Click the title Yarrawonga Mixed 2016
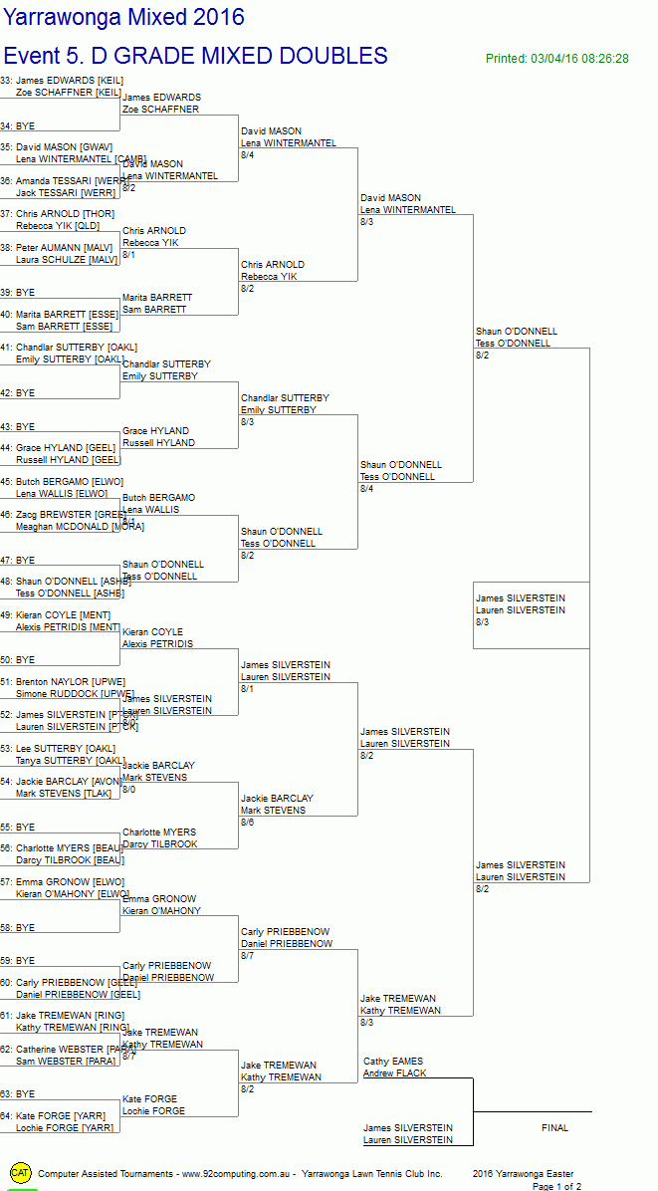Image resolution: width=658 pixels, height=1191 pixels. click(x=123, y=18)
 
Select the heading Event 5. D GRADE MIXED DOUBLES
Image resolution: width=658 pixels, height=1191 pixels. click(x=195, y=56)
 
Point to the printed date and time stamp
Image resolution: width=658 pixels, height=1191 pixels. click(x=556, y=59)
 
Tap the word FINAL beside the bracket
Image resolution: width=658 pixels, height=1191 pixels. click(x=554, y=1128)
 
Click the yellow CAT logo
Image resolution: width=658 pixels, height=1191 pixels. click(x=20, y=1172)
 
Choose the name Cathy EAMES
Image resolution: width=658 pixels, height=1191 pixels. click(x=393, y=1062)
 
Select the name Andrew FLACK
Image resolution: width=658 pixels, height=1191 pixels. click(x=394, y=1073)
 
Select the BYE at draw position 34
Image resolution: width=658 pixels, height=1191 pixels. click(x=25, y=126)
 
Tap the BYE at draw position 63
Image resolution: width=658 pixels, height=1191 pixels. click(x=25, y=1094)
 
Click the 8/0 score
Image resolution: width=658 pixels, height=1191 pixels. click(x=128, y=790)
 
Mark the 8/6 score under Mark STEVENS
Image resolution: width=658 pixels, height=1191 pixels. click(x=247, y=823)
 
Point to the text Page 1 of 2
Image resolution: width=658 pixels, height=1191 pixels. click(x=556, y=1186)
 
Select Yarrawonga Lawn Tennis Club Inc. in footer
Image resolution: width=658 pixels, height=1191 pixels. click(x=371, y=1174)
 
